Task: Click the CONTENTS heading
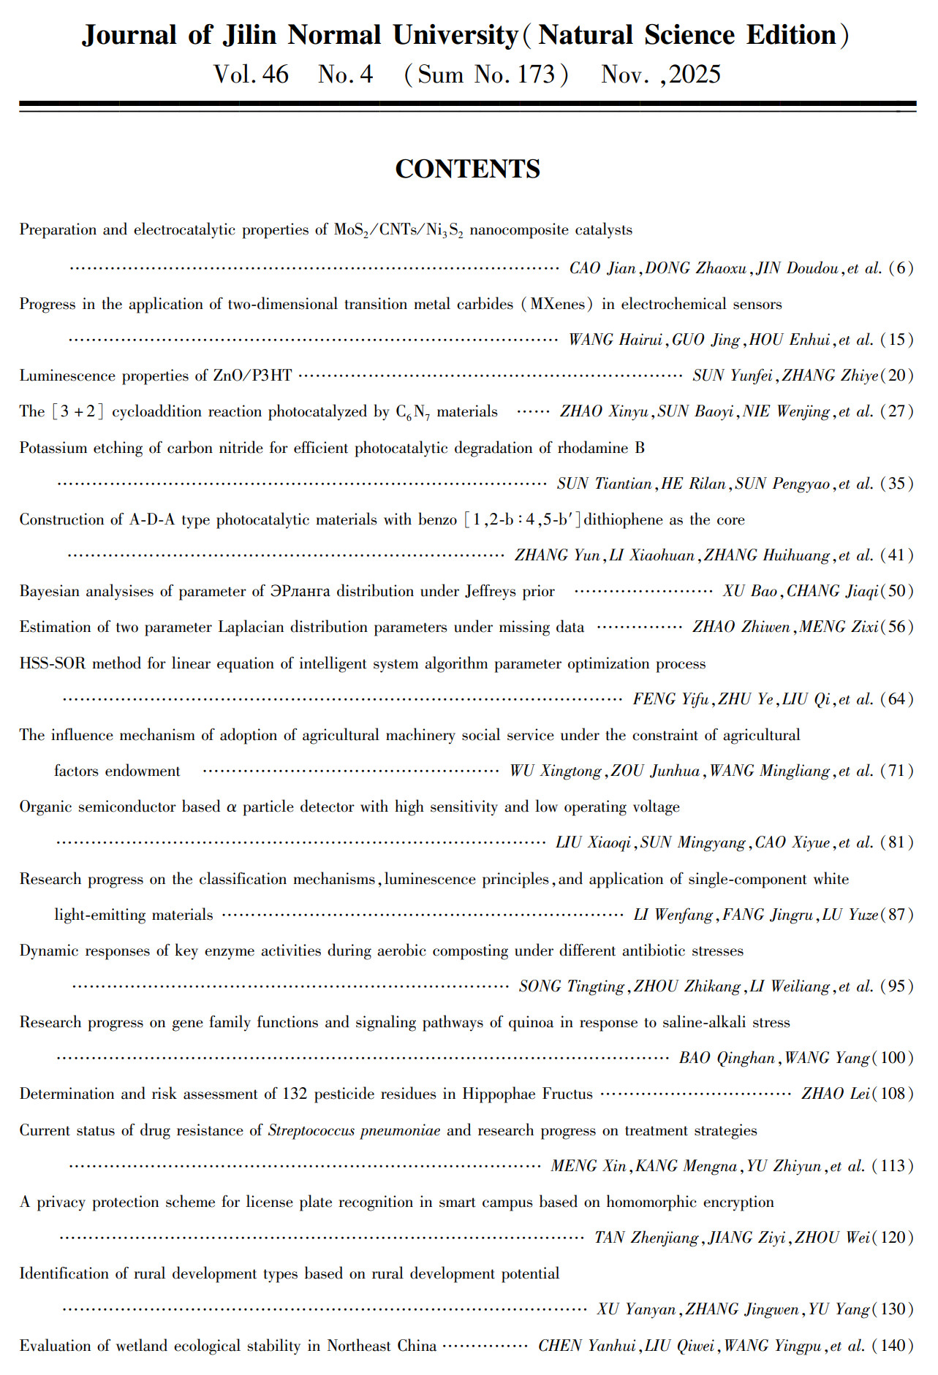pyautogui.click(x=467, y=169)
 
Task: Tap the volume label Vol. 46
pyautogui.click(x=251, y=75)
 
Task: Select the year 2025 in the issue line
pyautogui.click(x=695, y=75)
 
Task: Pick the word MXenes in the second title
pyautogui.click(x=557, y=304)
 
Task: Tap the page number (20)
pyautogui.click(x=897, y=376)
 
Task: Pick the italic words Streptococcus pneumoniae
pyautogui.click(x=354, y=1130)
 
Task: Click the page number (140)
pyautogui.click(x=893, y=1346)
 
